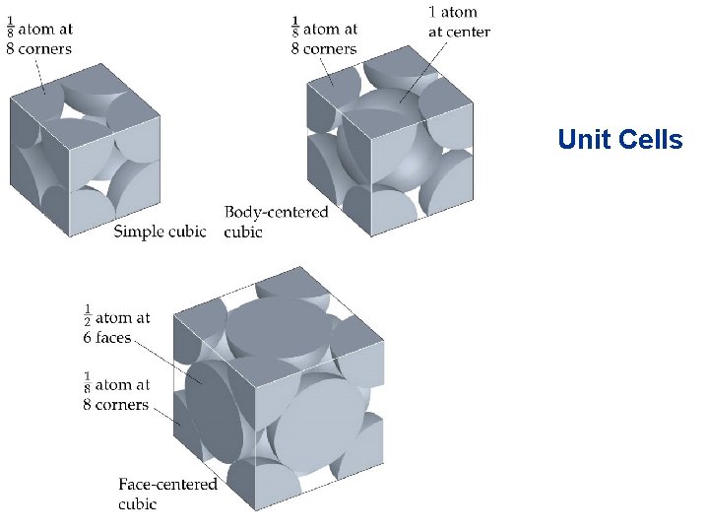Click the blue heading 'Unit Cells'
tap(619, 140)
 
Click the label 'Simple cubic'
tap(160, 232)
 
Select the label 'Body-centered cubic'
tap(276, 222)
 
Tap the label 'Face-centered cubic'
tap(167, 494)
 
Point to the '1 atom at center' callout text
tap(459, 22)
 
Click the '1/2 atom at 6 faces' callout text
tap(116, 327)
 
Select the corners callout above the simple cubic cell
tap(39, 38)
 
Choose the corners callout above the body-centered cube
tap(325, 38)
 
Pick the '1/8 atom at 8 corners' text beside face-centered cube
tap(116, 394)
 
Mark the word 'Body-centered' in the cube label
tap(276, 213)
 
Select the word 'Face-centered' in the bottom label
tap(167, 485)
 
